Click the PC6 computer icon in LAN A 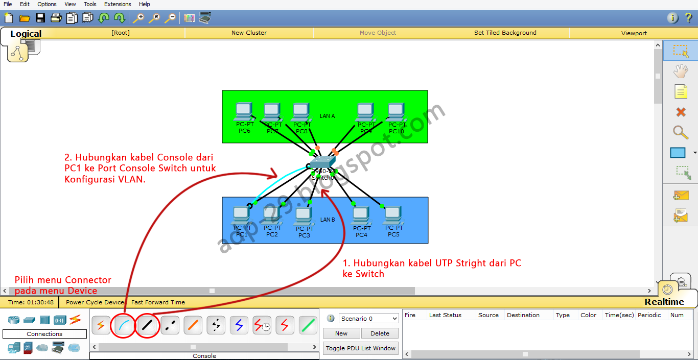(x=244, y=111)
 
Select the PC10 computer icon (x=395, y=111)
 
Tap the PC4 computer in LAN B (x=361, y=215)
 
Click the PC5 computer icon (x=392, y=215)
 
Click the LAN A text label (x=327, y=116)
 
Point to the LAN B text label (x=328, y=220)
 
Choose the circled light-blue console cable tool (x=124, y=325)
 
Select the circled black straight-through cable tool (x=147, y=325)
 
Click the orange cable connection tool (x=193, y=325)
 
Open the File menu (x=8, y=4)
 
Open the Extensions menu (x=118, y=4)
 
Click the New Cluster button (x=249, y=33)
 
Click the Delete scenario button (x=380, y=333)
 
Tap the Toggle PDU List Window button (x=361, y=348)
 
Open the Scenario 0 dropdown (x=368, y=319)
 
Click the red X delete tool (x=681, y=112)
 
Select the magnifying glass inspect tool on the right (x=680, y=132)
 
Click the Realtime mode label (x=664, y=302)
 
